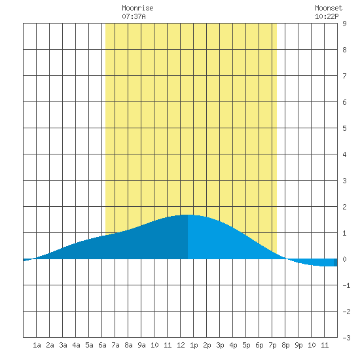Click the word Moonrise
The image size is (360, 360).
pyautogui.click(x=137, y=8)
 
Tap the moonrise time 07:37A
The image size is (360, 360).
pyautogui.click(x=134, y=16)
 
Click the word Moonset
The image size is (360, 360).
pyautogui.click(x=329, y=8)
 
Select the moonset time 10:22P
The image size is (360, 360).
pyautogui.click(x=327, y=16)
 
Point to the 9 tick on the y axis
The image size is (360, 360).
pyautogui.click(x=344, y=24)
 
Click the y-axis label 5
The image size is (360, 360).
pyautogui.click(x=344, y=128)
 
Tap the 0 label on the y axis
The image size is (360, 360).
pyautogui.click(x=344, y=259)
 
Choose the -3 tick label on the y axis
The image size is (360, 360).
pyautogui.click(x=346, y=338)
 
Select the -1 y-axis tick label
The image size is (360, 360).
pyautogui.click(x=346, y=285)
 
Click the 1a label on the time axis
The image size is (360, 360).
pyautogui.click(x=37, y=345)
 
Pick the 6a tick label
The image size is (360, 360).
pyautogui.click(x=102, y=345)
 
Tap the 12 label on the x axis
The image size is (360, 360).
pyautogui.click(x=181, y=345)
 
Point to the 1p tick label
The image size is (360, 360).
pyautogui.click(x=194, y=345)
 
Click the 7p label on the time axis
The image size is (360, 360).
pyautogui.click(x=272, y=345)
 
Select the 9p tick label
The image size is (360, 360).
pyautogui.click(x=298, y=345)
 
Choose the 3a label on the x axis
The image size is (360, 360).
pyautogui.click(x=63, y=345)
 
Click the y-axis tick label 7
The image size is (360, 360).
pyautogui.click(x=344, y=76)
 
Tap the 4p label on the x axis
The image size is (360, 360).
pyautogui.click(x=233, y=345)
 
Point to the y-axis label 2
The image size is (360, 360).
pyautogui.click(x=344, y=207)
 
